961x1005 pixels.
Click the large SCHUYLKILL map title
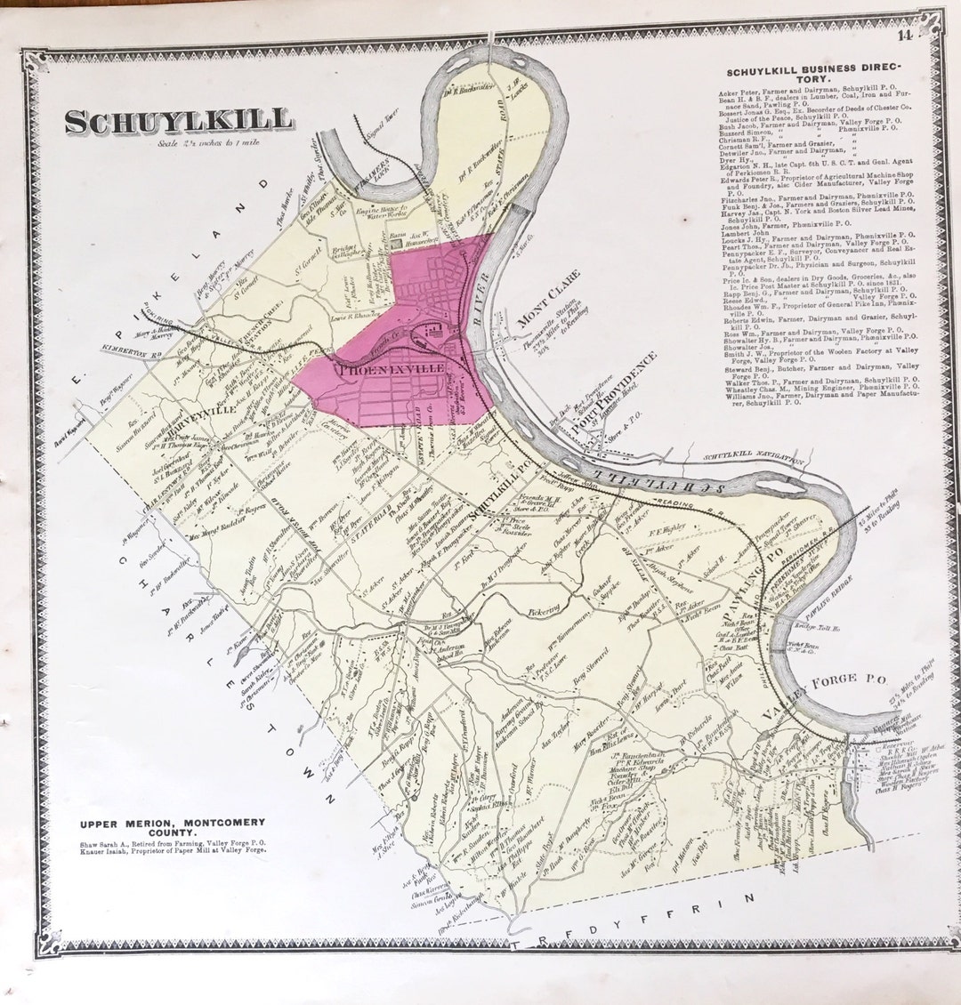(x=179, y=121)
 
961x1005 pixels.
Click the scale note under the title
(x=196, y=142)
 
